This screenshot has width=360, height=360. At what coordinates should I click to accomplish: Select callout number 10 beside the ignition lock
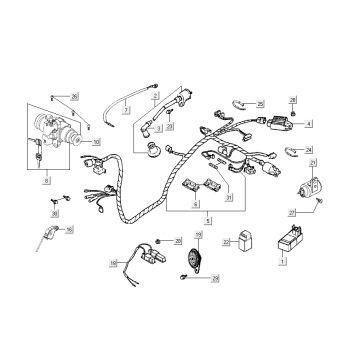coord(96,142)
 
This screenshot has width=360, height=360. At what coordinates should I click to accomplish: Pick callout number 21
coord(313,163)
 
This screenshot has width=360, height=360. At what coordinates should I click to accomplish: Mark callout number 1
coord(282,262)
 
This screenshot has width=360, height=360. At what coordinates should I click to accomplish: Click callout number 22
coord(227,242)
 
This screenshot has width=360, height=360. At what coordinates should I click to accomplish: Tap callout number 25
coord(261,103)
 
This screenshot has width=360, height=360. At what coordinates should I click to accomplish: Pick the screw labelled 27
coord(318,200)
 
